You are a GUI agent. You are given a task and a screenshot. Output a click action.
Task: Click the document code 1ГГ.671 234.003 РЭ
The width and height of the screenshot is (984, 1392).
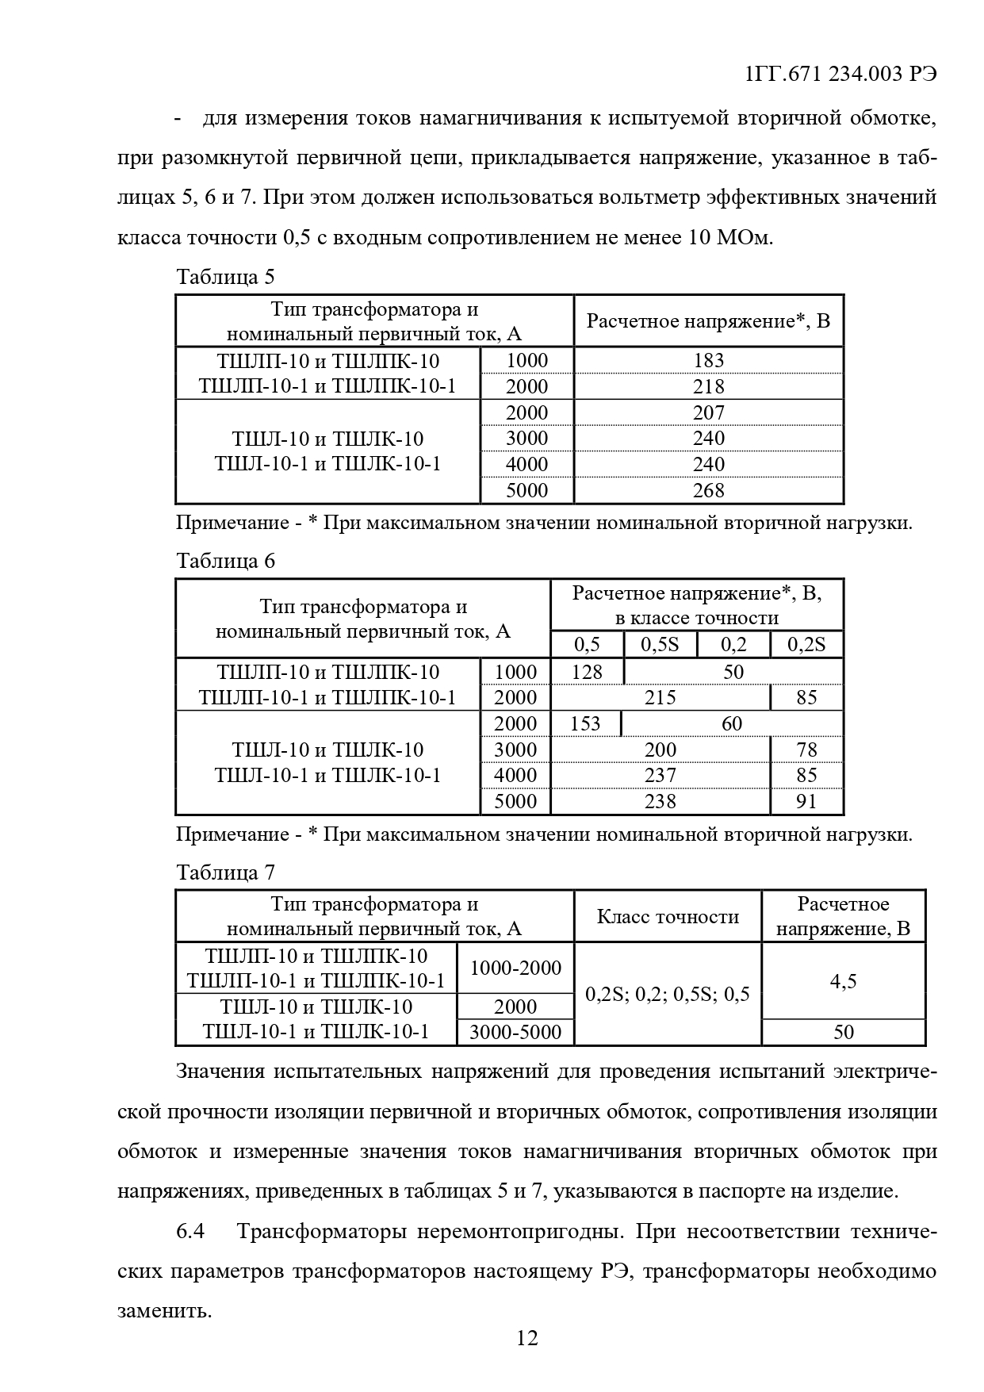pyautogui.click(x=841, y=74)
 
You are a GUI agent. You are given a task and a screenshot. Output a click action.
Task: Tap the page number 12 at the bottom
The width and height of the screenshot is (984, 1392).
pyautogui.click(x=527, y=1339)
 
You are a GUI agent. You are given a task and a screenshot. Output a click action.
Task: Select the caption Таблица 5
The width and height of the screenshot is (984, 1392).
pyautogui.click(x=225, y=277)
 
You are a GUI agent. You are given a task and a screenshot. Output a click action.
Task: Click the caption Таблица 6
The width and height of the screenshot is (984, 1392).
pyautogui.click(x=225, y=561)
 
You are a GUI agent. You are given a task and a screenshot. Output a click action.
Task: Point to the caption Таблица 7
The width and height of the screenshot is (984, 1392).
pyautogui.click(x=225, y=872)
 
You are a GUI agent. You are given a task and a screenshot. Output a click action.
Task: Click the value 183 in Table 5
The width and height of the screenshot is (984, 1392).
pyautogui.click(x=708, y=360)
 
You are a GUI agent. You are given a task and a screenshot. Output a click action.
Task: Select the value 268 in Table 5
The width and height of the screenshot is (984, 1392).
pyautogui.click(x=708, y=490)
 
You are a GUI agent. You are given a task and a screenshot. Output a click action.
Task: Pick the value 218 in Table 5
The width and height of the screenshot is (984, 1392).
pyautogui.click(x=708, y=386)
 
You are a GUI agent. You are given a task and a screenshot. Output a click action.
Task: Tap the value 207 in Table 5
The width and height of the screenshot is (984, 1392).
pyautogui.click(x=708, y=412)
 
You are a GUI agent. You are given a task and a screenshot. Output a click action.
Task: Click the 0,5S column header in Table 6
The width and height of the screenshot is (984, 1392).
pyautogui.click(x=660, y=644)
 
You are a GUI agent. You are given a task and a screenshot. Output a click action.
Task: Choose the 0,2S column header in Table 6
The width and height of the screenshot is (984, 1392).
pyautogui.click(x=806, y=644)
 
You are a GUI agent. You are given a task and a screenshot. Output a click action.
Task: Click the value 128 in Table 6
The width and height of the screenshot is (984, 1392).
pyautogui.click(x=587, y=672)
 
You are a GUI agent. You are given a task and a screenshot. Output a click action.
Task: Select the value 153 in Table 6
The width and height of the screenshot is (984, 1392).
pyautogui.click(x=585, y=723)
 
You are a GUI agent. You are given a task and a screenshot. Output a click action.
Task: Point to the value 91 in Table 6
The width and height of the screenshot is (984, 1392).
pyautogui.click(x=806, y=801)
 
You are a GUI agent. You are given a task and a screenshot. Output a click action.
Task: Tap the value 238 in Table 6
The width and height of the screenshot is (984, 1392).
pyautogui.click(x=660, y=801)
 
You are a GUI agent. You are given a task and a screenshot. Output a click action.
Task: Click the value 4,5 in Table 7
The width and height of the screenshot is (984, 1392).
pyautogui.click(x=843, y=981)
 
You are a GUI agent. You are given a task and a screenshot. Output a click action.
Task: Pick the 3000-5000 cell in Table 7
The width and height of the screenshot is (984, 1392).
pyautogui.click(x=515, y=1032)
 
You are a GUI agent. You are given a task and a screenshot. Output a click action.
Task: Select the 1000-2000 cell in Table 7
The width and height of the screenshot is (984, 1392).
pyautogui.click(x=515, y=968)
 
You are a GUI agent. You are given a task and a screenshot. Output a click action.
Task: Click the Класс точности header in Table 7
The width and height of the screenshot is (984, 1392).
pyautogui.click(x=668, y=917)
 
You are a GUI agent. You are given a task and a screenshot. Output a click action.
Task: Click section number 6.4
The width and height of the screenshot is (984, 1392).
pyautogui.click(x=190, y=1232)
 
